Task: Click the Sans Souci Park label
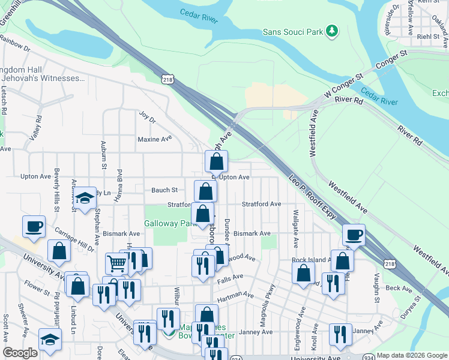293,31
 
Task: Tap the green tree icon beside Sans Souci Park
331,31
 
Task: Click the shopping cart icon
116,262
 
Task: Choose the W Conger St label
344,86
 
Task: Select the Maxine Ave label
155,139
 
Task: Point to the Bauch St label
164,190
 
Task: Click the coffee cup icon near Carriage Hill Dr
34,227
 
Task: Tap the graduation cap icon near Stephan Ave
85,196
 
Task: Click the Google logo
20,353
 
